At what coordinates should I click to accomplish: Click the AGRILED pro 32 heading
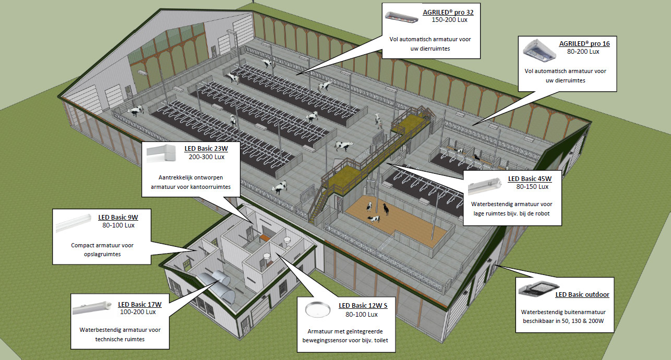pos(451,11)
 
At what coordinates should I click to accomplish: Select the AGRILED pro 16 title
pos(584,43)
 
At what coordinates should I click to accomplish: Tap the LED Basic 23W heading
pos(206,148)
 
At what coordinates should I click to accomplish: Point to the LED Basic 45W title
pos(529,178)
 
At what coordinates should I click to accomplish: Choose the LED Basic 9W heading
pos(118,217)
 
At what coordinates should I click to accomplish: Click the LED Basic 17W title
pos(139,304)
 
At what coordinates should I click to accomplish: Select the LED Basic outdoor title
pos(582,295)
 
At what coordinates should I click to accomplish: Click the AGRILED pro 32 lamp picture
pos(401,17)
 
